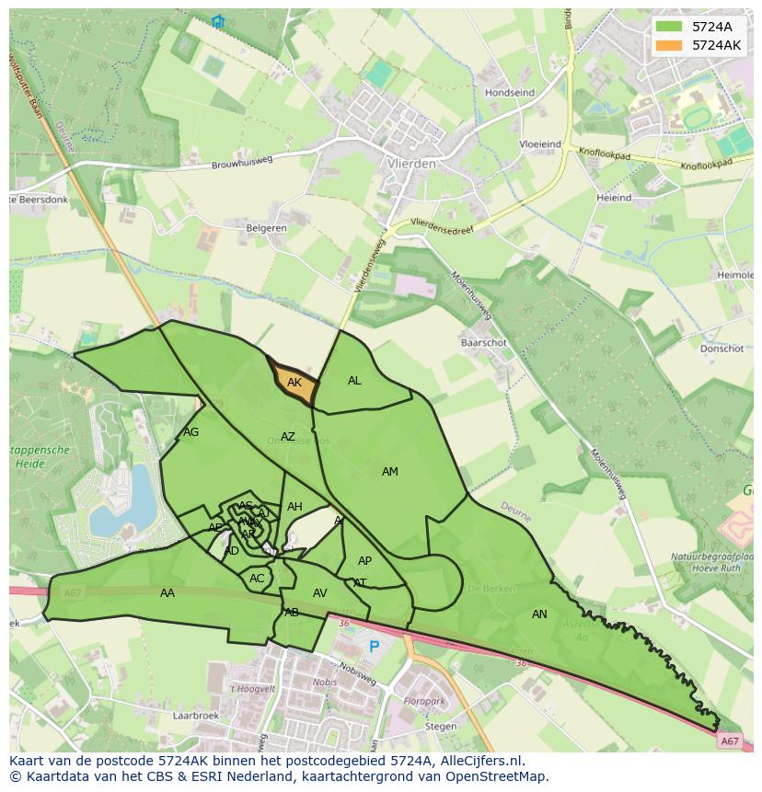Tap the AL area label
coord(354,381)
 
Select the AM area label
coord(390,472)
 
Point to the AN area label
coord(539,614)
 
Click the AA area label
coord(167,593)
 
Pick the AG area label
coord(190,432)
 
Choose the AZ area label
coord(288,437)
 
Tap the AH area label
coord(294,507)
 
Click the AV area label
coord(319,593)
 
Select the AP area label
coord(364,561)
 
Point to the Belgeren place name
coord(266,228)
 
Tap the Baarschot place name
coord(483,342)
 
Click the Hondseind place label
coord(510,93)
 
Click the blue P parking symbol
coord(374,648)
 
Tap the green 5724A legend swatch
coord(669,27)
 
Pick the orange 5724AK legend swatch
coord(669,45)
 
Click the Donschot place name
coord(722,350)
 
